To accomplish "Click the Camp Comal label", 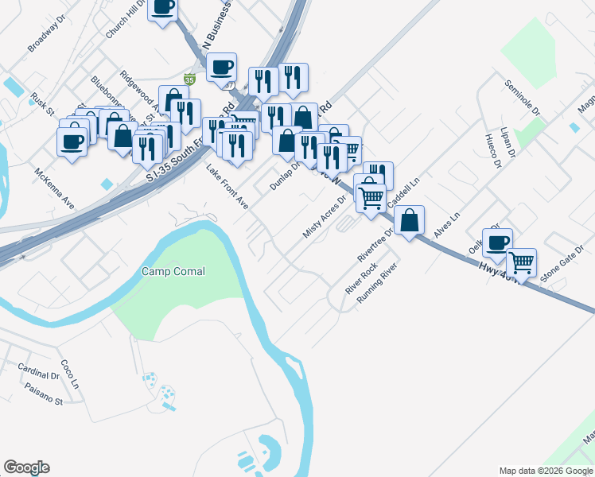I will coord(173,272).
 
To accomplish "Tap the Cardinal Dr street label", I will coord(38,370).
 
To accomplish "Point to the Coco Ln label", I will coord(70,372).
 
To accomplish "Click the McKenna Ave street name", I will coord(54,188).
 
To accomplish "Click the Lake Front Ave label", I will coord(227,188).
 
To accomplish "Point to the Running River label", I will coord(376,285).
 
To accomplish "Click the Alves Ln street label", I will coord(447,227).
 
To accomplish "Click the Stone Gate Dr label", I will coord(562,270).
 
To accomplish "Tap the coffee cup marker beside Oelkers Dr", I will coord(497,243).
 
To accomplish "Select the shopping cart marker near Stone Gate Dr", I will coord(521,262).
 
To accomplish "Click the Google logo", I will coord(26,467).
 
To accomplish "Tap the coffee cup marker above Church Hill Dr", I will coord(163,8).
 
